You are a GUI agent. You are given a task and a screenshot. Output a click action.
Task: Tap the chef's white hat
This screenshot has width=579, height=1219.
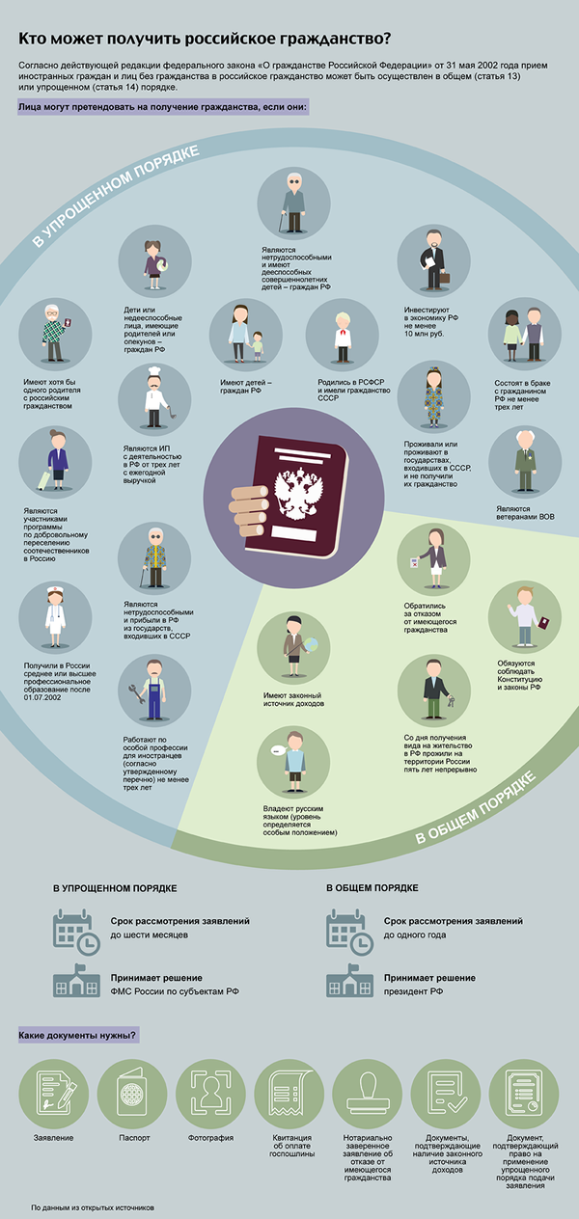pyautogui.click(x=154, y=371)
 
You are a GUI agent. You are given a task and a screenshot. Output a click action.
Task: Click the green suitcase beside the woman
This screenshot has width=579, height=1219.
pyautogui.click(x=43, y=480)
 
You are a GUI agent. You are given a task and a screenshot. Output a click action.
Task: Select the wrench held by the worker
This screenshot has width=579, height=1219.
pyautogui.click(x=136, y=694)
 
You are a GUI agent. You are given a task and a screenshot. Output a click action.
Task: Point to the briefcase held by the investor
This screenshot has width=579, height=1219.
pyautogui.click(x=445, y=278)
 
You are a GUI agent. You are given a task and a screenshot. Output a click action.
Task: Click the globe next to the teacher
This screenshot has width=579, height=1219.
pyautogui.click(x=312, y=645)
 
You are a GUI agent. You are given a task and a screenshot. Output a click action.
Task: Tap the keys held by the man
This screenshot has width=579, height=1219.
pyautogui.click(x=451, y=701)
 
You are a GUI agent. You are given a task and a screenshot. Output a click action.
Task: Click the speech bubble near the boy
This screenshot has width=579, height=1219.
pyautogui.click(x=278, y=750)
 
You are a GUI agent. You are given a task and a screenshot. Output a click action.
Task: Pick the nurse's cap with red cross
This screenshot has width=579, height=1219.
pyautogui.click(x=55, y=590)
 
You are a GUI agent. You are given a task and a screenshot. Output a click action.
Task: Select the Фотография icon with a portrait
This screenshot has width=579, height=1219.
pyautogui.click(x=210, y=1095)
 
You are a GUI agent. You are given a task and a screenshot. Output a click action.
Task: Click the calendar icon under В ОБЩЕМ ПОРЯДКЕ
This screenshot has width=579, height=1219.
pyautogui.click(x=349, y=933)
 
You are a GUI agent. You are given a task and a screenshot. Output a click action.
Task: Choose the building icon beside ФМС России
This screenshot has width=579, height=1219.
pyautogui.click(x=76, y=981)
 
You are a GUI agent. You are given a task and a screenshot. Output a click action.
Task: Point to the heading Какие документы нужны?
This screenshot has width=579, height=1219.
pyautogui.click(x=77, y=1035)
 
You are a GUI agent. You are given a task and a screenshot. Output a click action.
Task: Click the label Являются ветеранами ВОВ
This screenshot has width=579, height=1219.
pyautogui.click(x=525, y=513)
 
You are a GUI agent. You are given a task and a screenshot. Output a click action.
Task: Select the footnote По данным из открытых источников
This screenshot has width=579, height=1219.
pyautogui.click(x=93, y=1207)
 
